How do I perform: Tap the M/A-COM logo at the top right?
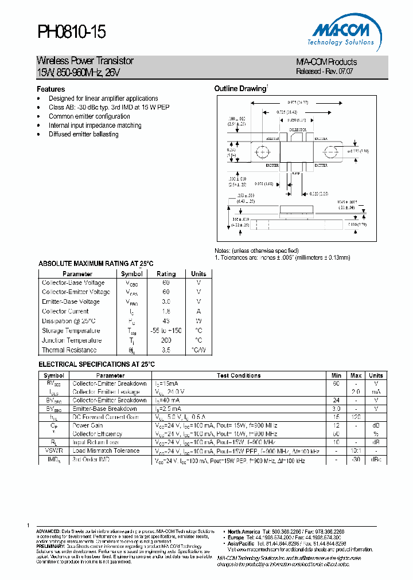point(345,34)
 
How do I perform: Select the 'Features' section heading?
point(51,89)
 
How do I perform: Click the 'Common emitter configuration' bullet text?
point(89,116)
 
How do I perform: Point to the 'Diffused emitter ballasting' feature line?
point(84,134)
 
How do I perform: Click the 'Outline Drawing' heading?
point(240,89)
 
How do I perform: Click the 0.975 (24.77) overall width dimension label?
point(297,101)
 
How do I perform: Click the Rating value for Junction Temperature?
point(166,340)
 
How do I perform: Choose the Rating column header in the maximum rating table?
point(166,274)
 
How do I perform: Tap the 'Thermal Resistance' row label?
point(69,350)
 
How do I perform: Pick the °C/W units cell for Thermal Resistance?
point(198,350)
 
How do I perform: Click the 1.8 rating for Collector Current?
point(166,311)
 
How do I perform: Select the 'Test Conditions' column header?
point(239,375)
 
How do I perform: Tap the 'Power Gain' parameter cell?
point(88,426)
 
